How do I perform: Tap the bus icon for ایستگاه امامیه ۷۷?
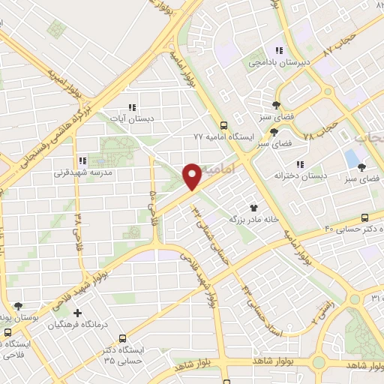pos(223,125)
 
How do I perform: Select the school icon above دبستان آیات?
pos(132,107)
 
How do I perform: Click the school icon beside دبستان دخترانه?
pos(299,164)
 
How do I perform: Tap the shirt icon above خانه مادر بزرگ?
pos(253,208)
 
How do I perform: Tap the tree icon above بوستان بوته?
pos(18,306)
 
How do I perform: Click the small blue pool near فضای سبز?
pos(351,159)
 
